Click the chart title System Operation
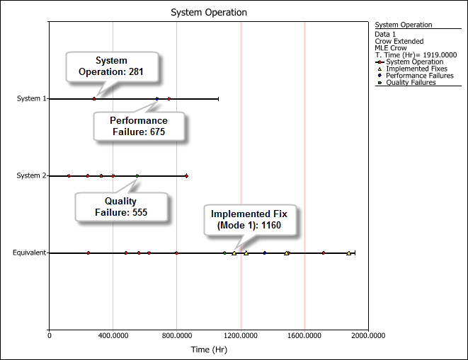point(209,13)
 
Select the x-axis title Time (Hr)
point(209,349)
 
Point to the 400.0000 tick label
point(113,335)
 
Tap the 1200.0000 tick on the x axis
point(241,335)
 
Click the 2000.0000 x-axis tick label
point(368,335)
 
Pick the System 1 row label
point(31,98)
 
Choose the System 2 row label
point(31,175)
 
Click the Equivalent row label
point(29,252)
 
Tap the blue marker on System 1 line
point(157,99)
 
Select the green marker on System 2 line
point(137,176)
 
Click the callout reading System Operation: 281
point(112,66)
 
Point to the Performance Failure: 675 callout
point(139,126)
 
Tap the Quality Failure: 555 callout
point(121,207)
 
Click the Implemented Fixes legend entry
point(413,69)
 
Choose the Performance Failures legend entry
point(416,76)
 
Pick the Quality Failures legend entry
point(406,82)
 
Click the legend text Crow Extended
point(399,41)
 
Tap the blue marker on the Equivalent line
point(264,253)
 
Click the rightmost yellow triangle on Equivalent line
point(348,253)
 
